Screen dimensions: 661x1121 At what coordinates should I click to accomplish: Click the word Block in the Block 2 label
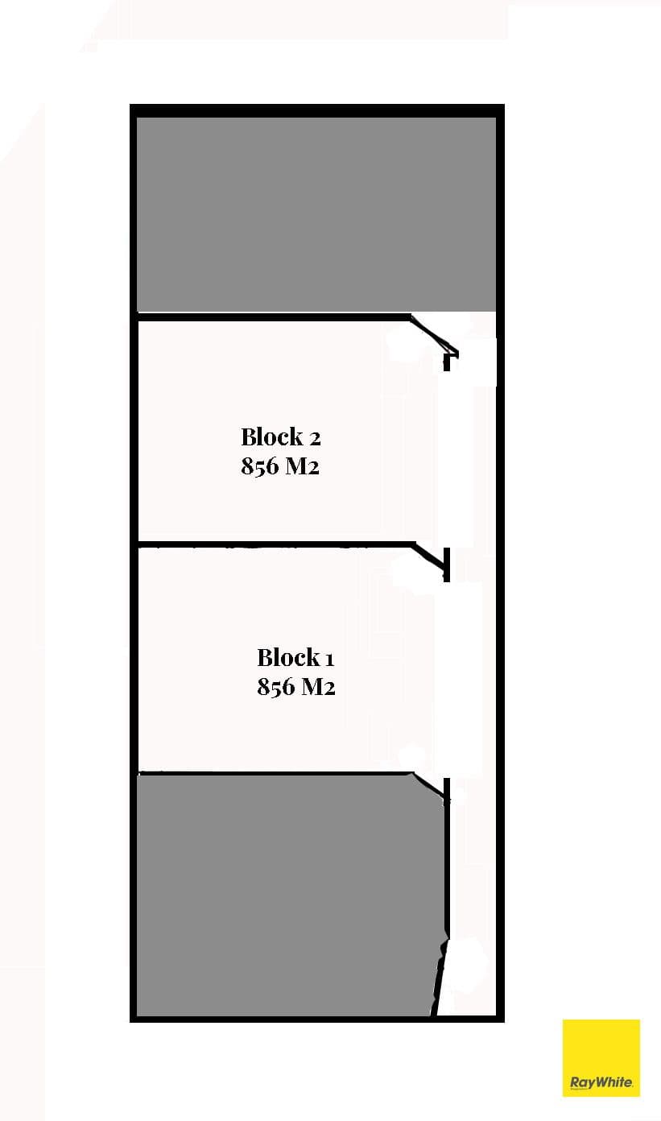[x=271, y=437]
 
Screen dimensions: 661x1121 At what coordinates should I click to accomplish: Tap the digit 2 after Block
[x=315, y=439]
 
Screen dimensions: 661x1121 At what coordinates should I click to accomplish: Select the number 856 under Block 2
[x=260, y=466]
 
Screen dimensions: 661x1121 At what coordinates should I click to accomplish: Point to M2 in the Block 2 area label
[x=302, y=466]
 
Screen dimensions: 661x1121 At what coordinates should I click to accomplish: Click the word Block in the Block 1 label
[x=287, y=658]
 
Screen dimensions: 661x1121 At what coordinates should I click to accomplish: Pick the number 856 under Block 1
[x=275, y=687]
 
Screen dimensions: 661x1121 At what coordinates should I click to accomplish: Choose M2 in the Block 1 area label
[x=318, y=687]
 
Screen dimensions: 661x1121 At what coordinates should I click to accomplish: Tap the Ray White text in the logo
[x=601, y=1082]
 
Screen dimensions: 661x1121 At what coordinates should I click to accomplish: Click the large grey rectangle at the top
[x=316, y=214]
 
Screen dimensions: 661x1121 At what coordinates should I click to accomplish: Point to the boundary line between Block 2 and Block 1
[x=275, y=544]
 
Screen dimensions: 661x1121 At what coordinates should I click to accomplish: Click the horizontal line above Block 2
[x=273, y=316]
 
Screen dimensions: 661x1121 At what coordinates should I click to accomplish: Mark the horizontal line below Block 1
[x=275, y=774]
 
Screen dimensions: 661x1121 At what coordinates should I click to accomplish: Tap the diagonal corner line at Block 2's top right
[x=433, y=335]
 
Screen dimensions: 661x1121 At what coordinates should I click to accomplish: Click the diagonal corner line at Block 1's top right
[x=429, y=556]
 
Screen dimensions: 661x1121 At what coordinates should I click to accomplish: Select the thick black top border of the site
[x=316, y=110]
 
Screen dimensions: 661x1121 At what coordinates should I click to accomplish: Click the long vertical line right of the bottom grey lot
[x=447, y=858]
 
